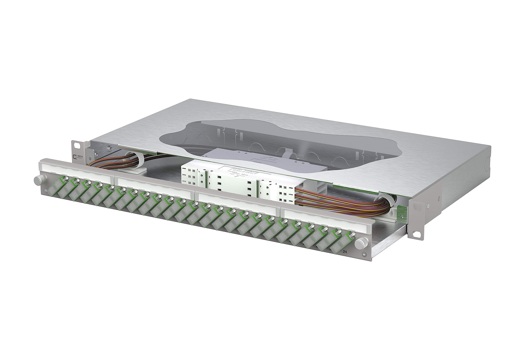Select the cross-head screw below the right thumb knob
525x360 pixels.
pos(364,255)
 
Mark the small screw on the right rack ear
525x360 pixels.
pos(428,205)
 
